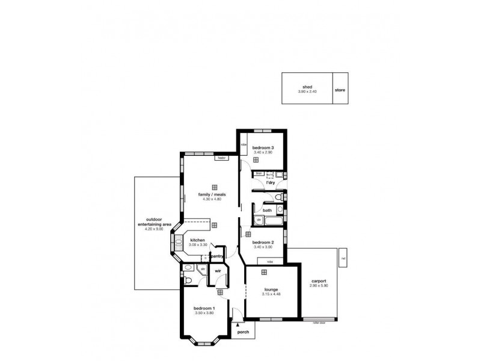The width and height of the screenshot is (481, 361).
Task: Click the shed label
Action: click(x=307, y=87)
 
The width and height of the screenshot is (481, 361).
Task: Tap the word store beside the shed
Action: click(x=340, y=91)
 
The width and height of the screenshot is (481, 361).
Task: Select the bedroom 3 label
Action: click(x=263, y=148)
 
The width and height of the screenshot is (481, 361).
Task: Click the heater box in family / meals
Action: click(x=221, y=158)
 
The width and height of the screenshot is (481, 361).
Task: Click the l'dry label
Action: click(x=262, y=182)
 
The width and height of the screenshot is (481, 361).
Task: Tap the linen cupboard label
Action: click(x=259, y=173)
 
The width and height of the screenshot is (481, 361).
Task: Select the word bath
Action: click(x=267, y=211)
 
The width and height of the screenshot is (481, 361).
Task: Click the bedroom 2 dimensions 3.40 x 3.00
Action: click(x=263, y=247)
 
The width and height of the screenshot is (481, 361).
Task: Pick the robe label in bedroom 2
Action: click(x=269, y=261)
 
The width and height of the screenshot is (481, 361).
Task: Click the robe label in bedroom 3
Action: click(x=244, y=144)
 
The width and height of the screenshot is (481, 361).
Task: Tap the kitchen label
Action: click(x=198, y=240)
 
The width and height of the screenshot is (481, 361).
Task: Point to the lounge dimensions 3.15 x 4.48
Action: click(x=271, y=294)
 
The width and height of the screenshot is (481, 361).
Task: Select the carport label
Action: click(x=319, y=281)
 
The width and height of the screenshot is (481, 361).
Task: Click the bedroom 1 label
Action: click(x=204, y=308)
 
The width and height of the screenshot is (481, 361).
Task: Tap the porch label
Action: click(x=243, y=332)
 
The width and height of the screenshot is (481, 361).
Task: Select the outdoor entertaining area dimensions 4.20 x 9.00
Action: click(x=155, y=229)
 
